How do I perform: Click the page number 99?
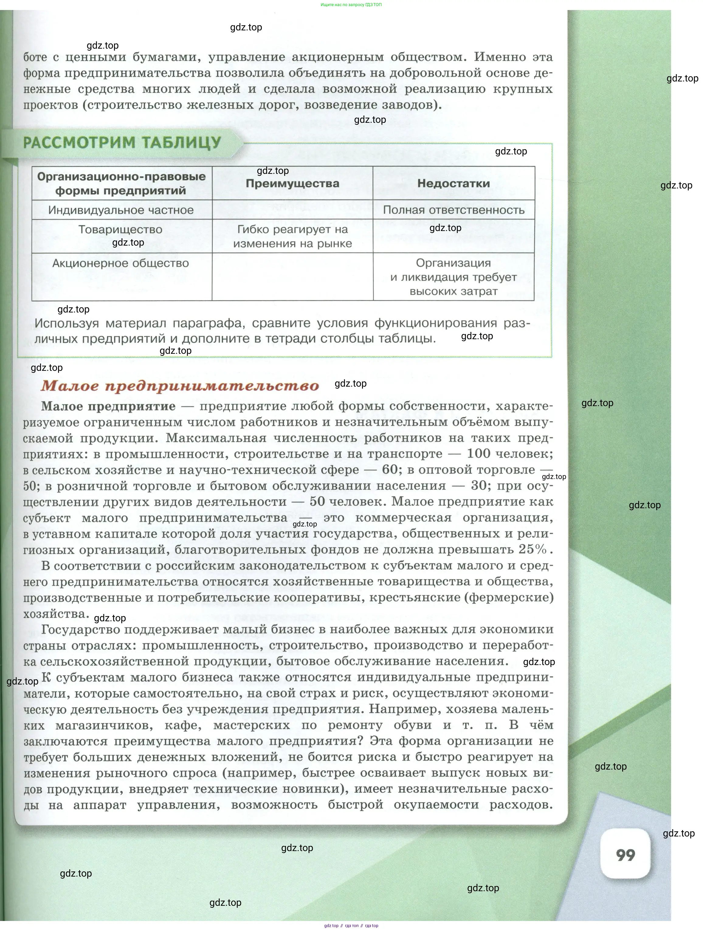(x=625, y=855)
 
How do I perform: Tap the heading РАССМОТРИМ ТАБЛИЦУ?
(x=122, y=143)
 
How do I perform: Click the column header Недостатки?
(x=453, y=184)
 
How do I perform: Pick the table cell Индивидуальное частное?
(x=121, y=210)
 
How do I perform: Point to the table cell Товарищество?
(x=120, y=230)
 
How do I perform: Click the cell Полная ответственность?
(x=453, y=210)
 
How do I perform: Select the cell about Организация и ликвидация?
(x=453, y=277)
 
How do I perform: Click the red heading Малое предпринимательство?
(x=180, y=386)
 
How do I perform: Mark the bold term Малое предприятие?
(x=108, y=406)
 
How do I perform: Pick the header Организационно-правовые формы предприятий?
(x=121, y=184)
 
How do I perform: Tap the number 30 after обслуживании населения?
(x=479, y=486)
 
